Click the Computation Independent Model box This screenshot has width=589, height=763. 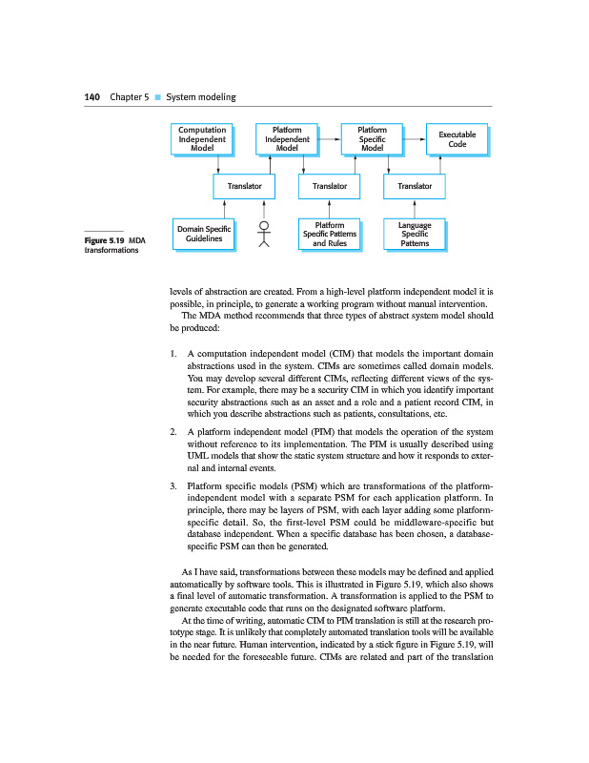tap(202, 138)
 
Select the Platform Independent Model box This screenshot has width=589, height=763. tap(287, 138)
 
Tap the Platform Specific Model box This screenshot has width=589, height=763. tap(372, 138)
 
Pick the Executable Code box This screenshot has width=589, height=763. tap(457, 138)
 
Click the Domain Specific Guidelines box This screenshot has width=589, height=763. tap(204, 234)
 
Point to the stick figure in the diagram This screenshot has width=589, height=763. tap(265, 235)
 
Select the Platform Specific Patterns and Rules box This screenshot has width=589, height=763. tap(329, 234)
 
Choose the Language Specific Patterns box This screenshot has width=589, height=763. tap(415, 234)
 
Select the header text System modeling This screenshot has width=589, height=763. tap(200, 97)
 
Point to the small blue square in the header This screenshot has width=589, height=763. tap(157, 97)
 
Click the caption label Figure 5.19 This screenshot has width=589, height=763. tap(104, 240)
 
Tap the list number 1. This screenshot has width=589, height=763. tap(173, 354)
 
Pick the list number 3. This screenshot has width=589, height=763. tap(173, 486)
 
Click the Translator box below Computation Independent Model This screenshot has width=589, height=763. tap(244, 186)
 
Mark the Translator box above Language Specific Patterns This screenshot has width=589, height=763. tap(415, 186)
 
